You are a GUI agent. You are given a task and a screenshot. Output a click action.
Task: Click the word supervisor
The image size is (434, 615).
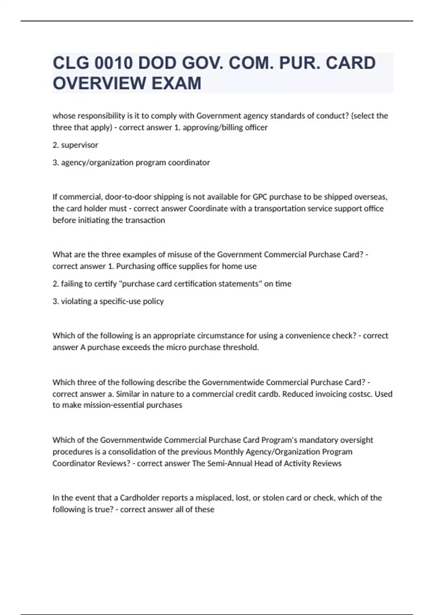point(80,145)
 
